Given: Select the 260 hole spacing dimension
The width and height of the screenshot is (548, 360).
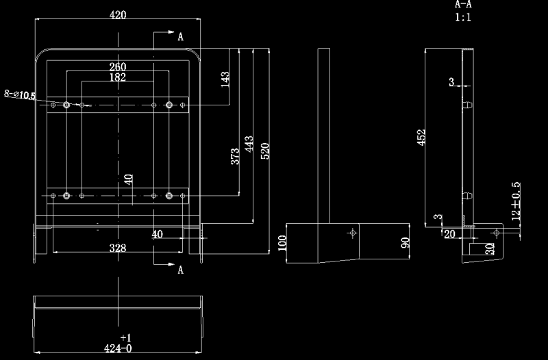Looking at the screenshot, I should [x=118, y=66].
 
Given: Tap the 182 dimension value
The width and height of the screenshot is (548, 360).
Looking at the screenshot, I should [x=118, y=77].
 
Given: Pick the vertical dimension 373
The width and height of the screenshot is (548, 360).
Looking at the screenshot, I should [x=236, y=157].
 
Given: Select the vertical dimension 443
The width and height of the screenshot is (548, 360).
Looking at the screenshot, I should [x=249, y=145].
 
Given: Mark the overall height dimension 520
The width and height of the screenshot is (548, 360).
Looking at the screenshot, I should [x=265, y=151].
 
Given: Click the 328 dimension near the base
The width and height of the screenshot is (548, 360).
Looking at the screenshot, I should [x=118, y=248].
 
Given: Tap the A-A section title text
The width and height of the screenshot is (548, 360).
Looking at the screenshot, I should [x=464, y=5].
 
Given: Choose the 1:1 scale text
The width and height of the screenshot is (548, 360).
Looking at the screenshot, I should [x=463, y=18].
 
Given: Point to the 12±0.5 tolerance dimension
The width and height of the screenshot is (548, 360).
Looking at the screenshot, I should [x=516, y=200].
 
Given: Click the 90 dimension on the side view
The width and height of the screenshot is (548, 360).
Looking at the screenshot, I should [x=405, y=243].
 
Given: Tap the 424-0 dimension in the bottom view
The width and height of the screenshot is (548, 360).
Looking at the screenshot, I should [x=118, y=348].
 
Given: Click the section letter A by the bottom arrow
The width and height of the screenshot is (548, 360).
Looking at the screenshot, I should [x=180, y=270].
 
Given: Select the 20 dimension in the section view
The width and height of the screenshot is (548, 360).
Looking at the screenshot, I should [x=450, y=234].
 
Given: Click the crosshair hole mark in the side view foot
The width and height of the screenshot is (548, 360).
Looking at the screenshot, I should [x=353, y=233].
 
